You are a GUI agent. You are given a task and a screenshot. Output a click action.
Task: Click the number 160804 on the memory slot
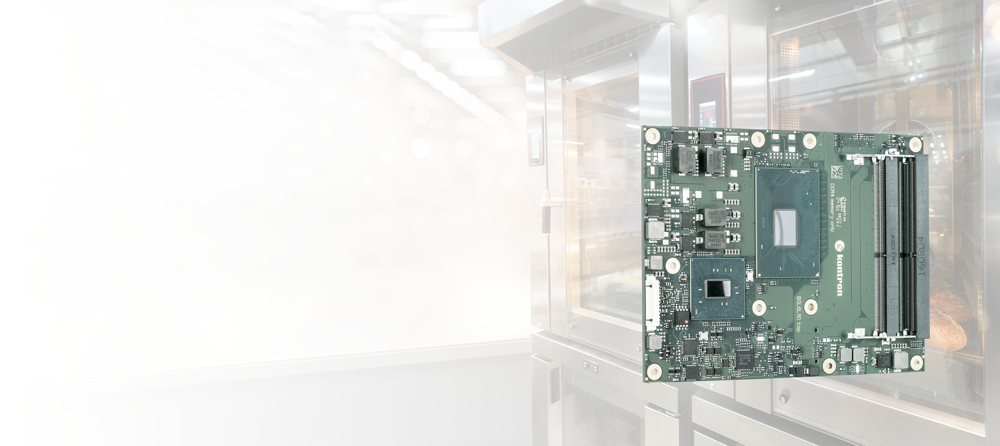(x=920, y=254)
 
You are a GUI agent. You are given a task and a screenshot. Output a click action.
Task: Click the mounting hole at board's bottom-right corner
(x=916, y=363)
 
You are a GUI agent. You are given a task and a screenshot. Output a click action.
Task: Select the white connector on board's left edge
(x=651, y=299)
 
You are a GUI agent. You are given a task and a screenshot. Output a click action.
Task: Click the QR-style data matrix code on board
(x=835, y=172)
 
